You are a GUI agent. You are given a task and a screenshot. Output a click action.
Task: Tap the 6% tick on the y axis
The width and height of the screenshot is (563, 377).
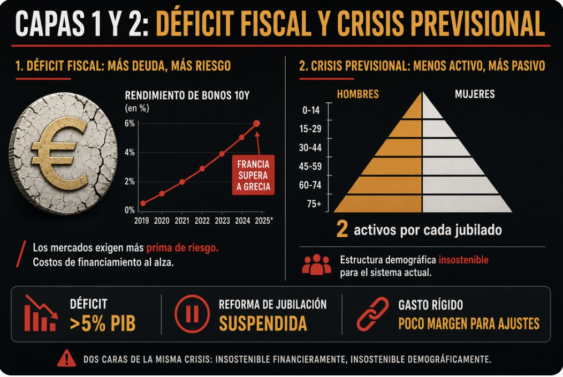[x=130, y=124]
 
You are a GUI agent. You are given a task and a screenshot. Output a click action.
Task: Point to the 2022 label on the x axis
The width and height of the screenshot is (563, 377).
[x=202, y=221]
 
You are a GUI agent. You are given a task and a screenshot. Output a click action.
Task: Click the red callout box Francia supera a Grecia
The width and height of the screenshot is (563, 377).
[x=253, y=176]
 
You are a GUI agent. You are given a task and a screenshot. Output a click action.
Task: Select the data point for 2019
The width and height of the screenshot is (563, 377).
[x=143, y=203]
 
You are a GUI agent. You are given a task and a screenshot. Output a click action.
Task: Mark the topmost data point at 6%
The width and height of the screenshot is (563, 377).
[x=256, y=124]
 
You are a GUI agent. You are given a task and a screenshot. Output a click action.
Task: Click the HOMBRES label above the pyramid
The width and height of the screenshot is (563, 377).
[x=357, y=94]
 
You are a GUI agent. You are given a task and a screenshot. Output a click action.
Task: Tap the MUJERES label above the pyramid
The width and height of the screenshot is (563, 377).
[x=475, y=94]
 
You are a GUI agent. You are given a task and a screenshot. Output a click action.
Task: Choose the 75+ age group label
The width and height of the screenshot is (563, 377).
[x=314, y=204]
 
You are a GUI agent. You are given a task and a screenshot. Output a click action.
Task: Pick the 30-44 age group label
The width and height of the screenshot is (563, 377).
[x=310, y=148]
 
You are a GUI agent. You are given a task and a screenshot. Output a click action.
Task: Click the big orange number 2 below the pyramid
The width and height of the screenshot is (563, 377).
[x=342, y=229]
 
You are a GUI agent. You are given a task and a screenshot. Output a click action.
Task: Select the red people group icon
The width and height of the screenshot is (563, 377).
[x=316, y=265]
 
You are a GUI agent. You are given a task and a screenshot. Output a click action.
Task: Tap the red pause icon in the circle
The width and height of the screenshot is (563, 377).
[x=192, y=314]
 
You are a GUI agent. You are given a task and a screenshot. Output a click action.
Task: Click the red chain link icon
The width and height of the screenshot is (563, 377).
[x=372, y=314]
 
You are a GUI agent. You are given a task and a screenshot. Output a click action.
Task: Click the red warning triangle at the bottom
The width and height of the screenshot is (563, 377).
[x=66, y=358]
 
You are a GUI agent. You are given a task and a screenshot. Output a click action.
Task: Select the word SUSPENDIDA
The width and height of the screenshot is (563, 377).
[x=263, y=323]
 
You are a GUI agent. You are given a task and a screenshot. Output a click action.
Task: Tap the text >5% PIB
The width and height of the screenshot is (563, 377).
[x=103, y=323]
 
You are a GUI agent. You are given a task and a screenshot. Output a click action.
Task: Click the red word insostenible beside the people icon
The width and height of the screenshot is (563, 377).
[x=463, y=260]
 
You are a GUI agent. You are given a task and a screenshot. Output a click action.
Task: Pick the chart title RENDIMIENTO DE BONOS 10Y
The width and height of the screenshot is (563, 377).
[x=187, y=96]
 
